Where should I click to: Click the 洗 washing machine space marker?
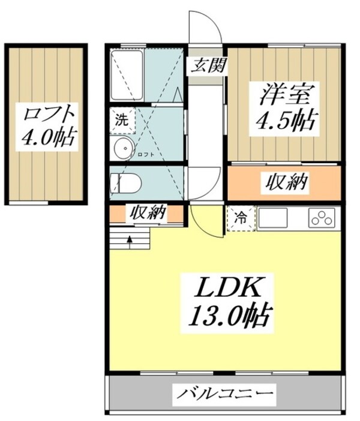pos(122,119)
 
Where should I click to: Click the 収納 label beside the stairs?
pos(148,213)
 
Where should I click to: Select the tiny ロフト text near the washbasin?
pos(146,155)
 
